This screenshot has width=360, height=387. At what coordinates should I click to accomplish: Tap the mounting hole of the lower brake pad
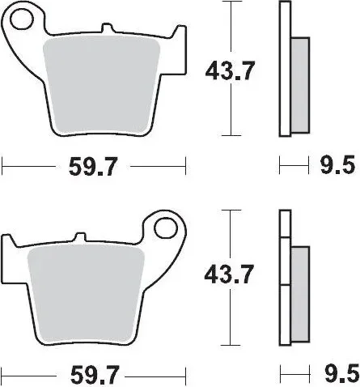[x=167, y=226]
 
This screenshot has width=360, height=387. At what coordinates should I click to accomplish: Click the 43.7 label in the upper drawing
[x=227, y=71]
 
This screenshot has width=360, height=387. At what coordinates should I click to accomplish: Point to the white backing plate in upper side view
[x=283, y=69]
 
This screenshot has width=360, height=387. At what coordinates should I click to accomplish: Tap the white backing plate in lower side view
[x=283, y=275]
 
